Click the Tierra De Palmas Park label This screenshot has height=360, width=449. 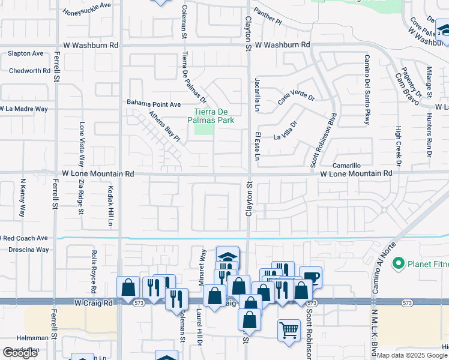click(x=214, y=116)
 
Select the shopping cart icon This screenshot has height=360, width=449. click(x=289, y=329)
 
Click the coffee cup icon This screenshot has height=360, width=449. click(x=310, y=277)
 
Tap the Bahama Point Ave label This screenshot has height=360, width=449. click(x=154, y=104)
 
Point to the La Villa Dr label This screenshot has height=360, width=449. click(x=286, y=131)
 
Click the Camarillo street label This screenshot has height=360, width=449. click(x=348, y=165)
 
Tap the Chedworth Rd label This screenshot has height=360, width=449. click(x=29, y=71)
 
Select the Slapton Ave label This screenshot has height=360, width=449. click(x=25, y=53)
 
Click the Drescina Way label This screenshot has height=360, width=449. click(x=25, y=250)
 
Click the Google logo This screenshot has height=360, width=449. click(x=20, y=353)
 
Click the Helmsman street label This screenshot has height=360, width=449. click(x=16, y=338)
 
